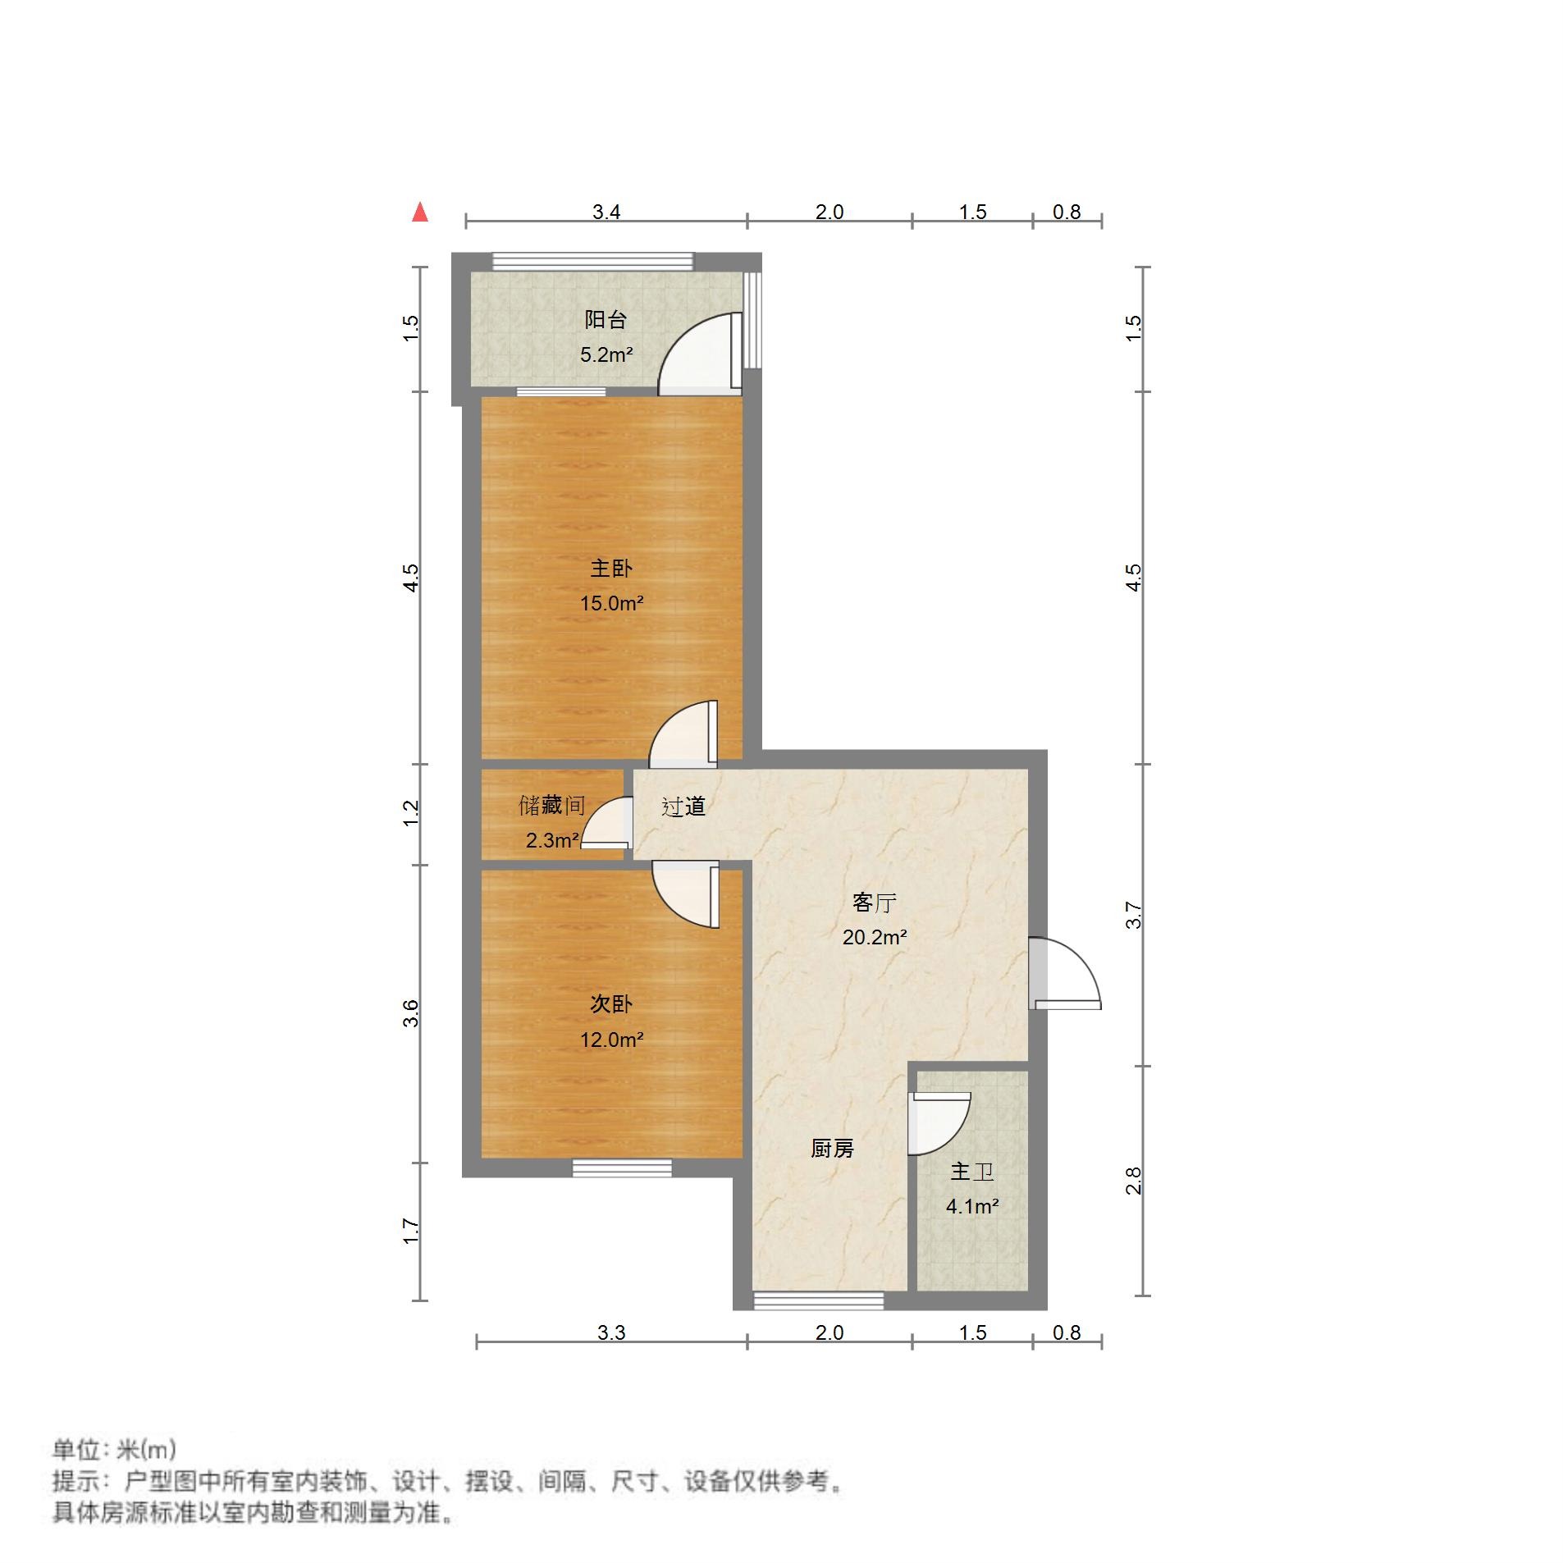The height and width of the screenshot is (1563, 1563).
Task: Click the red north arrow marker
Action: pyautogui.click(x=420, y=213)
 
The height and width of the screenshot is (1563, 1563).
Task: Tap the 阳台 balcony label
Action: pyautogui.click(x=605, y=319)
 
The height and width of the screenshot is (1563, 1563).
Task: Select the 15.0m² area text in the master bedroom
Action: pyautogui.click(x=611, y=604)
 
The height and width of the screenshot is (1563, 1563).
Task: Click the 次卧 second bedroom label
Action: pyautogui.click(x=611, y=1004)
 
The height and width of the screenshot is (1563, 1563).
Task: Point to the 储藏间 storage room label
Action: pyautogui.click(x=551, y=806)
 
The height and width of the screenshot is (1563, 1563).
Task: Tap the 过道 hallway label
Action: pyautogui.click(x=683, y=807)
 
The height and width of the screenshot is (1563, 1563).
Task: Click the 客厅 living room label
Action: pyautogui.click(x=874, y=903)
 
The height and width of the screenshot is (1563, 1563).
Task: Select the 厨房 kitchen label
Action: pyautogui.click(x=832, y=1149)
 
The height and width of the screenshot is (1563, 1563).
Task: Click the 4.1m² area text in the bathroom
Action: pyautogui.click(x=972, y=1206)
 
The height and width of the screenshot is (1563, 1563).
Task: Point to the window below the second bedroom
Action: pyautogui.click(x=622, y=1168)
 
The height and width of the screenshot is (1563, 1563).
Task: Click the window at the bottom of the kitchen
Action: pyautogui.click(x=818, y=1300)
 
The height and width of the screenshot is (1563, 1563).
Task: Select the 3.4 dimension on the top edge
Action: pyautogui.click(x=606, y=212)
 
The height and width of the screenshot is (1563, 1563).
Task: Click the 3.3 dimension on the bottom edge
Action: pyautogui.click(x=611, y=1332)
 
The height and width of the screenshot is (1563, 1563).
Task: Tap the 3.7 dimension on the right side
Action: pyautogui.click(x=1133, y=915)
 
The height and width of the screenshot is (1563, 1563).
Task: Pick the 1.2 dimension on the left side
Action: pyautogui.click(x=412, y=813)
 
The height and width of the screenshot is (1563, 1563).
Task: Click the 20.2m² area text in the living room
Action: pyautogui.click(x=874, y=937)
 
